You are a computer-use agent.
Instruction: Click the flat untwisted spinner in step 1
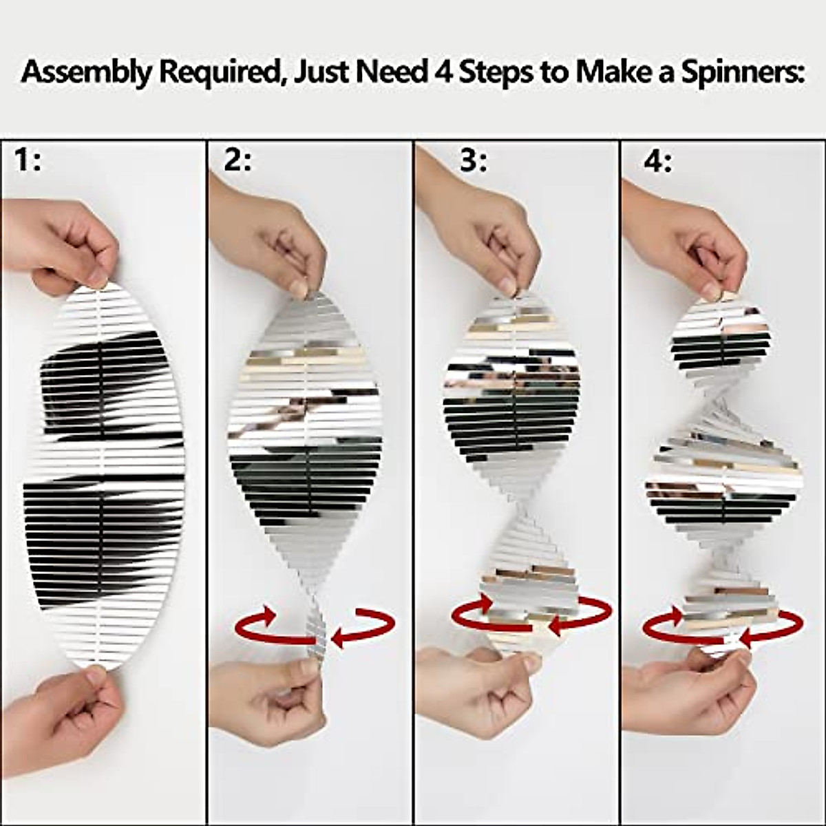point(103,475)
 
